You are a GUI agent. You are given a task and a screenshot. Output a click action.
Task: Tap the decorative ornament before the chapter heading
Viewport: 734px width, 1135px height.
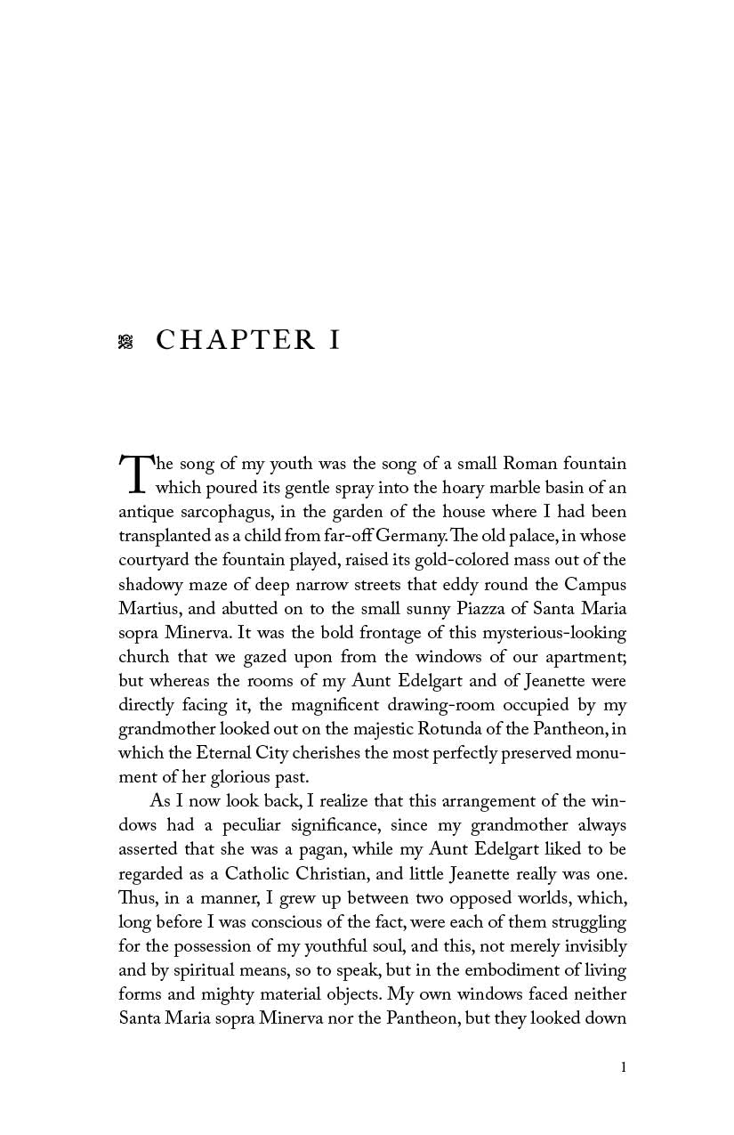(x=125, y=341)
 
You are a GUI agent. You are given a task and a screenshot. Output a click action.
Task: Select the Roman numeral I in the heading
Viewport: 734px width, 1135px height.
(x=335, y=340)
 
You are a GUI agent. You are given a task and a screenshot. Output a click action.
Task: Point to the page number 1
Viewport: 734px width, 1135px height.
(x=624, y=1067)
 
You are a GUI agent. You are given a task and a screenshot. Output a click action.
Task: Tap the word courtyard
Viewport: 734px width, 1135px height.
(x=153, y=561)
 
